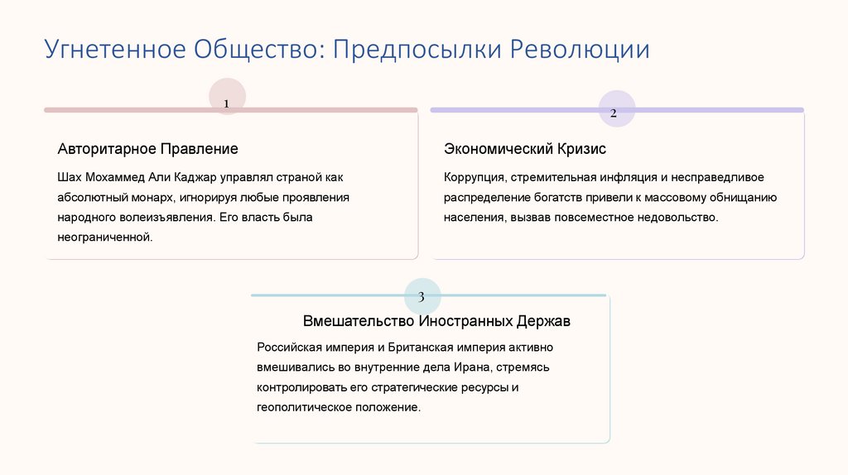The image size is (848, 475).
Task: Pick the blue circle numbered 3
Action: [422, 295]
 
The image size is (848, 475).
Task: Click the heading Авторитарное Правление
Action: [147, 149]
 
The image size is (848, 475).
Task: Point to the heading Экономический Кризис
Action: [525, 149]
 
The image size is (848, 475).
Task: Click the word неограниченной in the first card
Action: [105, 237]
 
